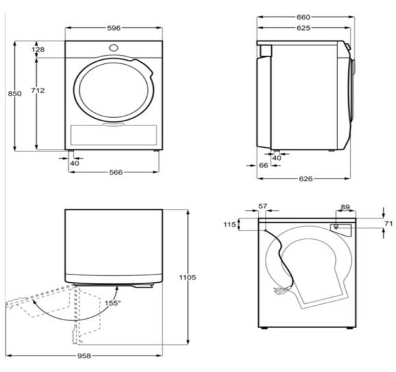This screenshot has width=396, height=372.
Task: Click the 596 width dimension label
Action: [114, 28]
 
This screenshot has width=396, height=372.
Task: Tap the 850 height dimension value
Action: [14, 94]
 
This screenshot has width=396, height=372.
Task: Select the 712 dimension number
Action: [38, 90]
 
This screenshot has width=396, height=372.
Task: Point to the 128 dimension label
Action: [38, 50]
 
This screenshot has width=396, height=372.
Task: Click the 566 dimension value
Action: [116, 172]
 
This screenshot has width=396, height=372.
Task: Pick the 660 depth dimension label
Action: [303, 17]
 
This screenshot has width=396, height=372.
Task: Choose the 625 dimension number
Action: [303, 28]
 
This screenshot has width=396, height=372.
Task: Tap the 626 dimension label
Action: [306, 179]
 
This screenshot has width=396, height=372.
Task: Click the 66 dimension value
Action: [264, 166]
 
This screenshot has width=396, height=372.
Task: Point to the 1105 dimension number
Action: [187, 277]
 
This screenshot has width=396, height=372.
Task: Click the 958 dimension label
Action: [84, 356]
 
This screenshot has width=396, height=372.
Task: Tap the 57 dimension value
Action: [263, 206]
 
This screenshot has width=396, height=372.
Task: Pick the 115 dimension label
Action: [229, 224]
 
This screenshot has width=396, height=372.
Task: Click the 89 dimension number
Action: [345, 207]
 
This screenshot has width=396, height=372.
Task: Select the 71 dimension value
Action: [388, 223]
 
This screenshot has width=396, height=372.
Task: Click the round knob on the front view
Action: [113, 48]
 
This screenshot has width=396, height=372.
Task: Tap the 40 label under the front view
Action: [74, 164]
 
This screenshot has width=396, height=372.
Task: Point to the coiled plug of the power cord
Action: [281, 290]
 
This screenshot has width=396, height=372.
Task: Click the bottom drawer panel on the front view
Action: [113, 135]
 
